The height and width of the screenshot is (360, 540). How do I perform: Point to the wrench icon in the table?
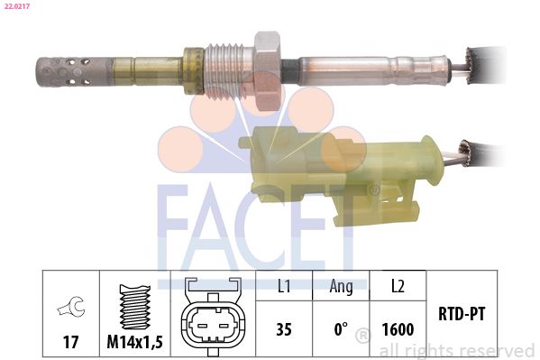point(69,307)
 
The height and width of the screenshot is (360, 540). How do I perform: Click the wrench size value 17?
point(69,343)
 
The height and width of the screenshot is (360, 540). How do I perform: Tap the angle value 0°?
point(340,329)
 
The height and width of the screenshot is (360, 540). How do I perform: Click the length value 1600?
point(397,329)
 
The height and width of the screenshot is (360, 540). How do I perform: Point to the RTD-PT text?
point(463,316)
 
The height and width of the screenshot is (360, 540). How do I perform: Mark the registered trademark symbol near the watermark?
point(362,337)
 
